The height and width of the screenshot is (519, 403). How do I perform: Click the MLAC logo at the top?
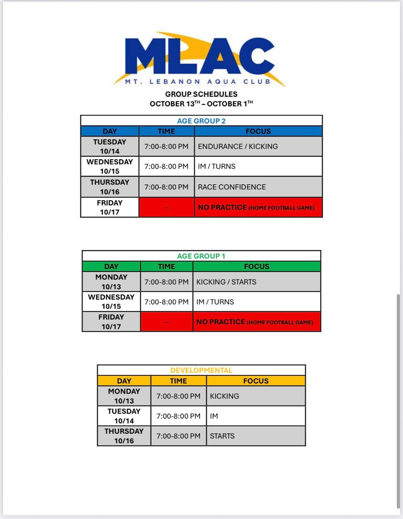click(200, 59)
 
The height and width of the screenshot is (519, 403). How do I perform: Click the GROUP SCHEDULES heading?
click(201, 94)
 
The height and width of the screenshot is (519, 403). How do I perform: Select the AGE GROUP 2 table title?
click(201, 121)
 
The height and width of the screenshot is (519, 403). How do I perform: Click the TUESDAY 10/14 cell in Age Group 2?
click(110, 146)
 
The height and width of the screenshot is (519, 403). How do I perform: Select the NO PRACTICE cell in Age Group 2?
click(258, 208)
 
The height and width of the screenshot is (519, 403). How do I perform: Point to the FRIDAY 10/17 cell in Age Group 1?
click(111, 322)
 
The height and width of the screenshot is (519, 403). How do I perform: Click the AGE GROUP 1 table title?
click(201, 256)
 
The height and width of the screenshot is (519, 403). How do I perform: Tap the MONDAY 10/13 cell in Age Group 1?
click(111, 282)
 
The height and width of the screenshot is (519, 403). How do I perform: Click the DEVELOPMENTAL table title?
click(201, 370)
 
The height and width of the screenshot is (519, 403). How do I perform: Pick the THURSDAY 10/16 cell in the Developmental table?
click(124, 436)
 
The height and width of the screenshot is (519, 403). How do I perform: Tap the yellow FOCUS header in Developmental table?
click(256, 381)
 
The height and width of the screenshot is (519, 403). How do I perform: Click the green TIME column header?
click(166, 266)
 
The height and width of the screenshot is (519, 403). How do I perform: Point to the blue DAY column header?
click(110, 131)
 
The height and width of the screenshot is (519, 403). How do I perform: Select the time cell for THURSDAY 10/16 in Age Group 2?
click(166, 187)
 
